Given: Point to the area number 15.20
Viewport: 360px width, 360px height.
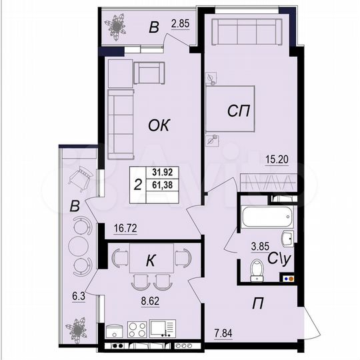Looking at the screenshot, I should click(x=277, y=159).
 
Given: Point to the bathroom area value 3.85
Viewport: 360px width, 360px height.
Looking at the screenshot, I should click(x=261, y=245).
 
